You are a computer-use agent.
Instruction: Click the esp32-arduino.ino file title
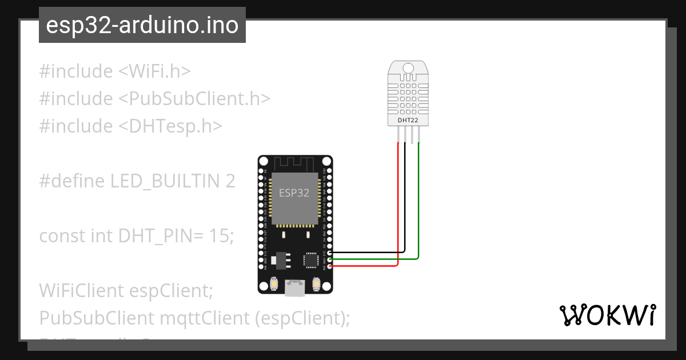click(x=142, y=26)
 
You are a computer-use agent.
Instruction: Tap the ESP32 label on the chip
click(x=294, y=193)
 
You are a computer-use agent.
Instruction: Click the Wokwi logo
click(x=608, y=315)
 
